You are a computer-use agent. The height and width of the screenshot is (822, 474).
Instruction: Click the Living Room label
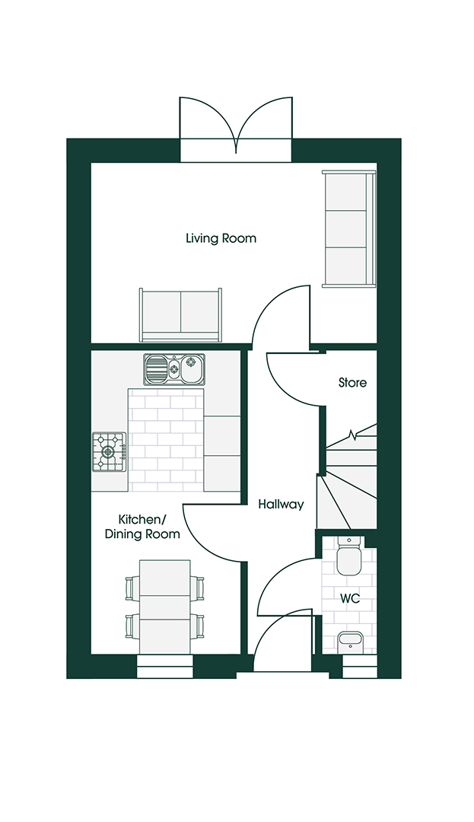[x=221, y=238]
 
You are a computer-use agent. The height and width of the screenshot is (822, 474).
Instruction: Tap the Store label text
[x=352, y=383]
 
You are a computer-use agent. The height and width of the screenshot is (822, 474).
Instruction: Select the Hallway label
[x=281, y=504]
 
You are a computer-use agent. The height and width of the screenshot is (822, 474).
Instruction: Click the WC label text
[x=349, y=599]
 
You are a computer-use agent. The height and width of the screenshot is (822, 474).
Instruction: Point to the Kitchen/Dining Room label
[x=143, y=527]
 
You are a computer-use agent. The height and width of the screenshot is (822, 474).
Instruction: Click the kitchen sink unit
[x=174, y=370]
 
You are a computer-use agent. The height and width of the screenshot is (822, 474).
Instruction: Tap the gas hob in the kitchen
[x=110, y=451]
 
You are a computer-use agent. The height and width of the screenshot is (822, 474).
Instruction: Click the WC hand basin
[x=350, y=642]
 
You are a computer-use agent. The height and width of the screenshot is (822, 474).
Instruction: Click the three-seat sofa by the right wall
[x=349, y=228]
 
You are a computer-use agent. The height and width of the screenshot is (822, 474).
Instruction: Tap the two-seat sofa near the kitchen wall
[x=180, y=315]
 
